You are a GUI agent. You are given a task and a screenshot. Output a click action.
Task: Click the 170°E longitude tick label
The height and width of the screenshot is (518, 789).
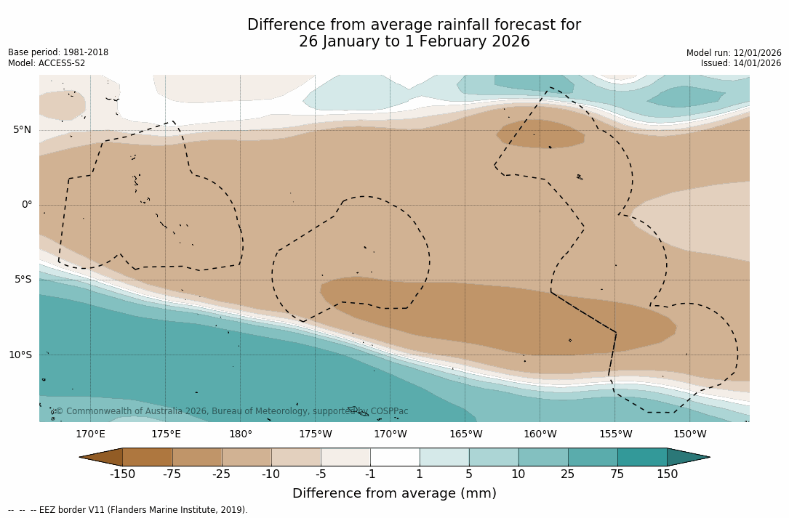[90, 434]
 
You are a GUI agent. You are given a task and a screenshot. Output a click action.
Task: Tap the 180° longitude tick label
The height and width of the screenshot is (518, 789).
[241, 434]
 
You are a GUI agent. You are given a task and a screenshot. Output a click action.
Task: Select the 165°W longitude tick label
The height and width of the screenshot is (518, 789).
[465, 434]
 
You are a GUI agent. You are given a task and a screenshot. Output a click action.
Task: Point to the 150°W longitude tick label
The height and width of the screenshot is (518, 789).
[690, 434]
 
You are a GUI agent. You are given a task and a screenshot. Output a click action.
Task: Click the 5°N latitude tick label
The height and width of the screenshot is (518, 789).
[23, 130]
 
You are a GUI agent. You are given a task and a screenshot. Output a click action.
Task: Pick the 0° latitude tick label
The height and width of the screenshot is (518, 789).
[27, 205]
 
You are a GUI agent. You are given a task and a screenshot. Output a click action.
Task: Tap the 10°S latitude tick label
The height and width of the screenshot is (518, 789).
[20, 355]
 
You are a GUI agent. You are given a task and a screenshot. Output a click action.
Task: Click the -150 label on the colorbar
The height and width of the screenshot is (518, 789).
[122, 474]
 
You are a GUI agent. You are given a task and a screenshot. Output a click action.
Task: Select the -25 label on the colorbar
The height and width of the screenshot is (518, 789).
[222, 474]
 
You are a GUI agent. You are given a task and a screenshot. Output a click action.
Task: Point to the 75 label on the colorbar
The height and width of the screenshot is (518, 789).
[617, 474]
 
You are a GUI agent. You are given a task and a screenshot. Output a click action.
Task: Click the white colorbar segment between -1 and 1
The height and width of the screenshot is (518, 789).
[395, 457]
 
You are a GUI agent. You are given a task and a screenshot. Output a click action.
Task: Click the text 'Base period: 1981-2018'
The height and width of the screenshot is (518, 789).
[58, 52]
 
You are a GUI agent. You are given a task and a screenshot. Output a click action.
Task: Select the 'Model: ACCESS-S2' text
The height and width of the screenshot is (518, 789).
[47, 63]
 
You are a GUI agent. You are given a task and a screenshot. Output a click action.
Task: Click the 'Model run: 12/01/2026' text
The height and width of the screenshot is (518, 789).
[734, 53]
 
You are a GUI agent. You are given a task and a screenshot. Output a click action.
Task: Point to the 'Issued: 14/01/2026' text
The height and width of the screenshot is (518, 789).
[741, 63]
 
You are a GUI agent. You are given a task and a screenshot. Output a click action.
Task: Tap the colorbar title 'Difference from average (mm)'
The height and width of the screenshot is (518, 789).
[394, 494]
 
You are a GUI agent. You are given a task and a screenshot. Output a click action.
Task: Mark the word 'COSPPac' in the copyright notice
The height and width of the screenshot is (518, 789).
[389, 411]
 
